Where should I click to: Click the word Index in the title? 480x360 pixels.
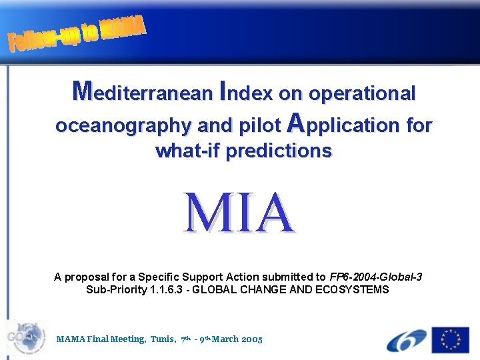[245, 93]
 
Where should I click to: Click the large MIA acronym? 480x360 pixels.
[240, 213]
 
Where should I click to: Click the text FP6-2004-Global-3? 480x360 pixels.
[376, 277]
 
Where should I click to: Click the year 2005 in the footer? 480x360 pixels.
[252, 339]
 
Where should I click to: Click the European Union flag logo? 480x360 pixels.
[451, 339]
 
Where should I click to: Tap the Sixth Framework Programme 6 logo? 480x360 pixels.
[406, 339]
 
